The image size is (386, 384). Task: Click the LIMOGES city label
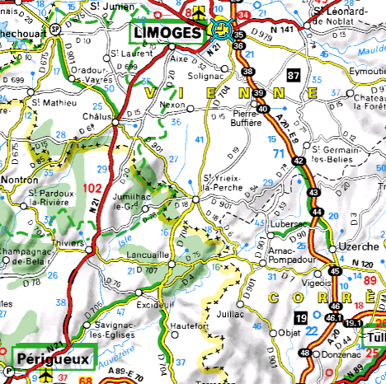click(166, 33)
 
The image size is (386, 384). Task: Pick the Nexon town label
click(172, 107)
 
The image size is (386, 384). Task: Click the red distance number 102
click(92, 189)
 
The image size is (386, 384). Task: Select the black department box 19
click(303, 316)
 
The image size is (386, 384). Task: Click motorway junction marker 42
click(298, 162)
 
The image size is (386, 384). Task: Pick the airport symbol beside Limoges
click(200, 12)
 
